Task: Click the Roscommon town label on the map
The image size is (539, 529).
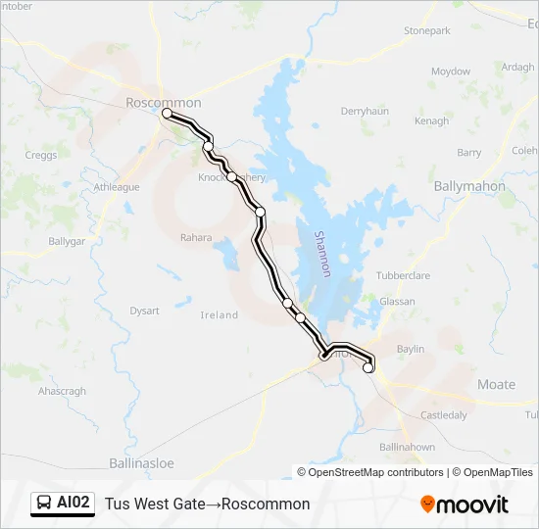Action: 164,102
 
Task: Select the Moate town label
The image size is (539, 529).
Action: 495,384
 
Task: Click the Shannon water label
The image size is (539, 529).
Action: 323,253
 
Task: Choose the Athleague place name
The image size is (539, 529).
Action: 117,187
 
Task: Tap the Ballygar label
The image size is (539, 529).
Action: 68,240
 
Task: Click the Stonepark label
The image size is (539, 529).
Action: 427,31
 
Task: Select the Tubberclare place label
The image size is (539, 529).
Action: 403,275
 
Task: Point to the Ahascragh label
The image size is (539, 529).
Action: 62,392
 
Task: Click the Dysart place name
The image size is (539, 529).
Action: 144,311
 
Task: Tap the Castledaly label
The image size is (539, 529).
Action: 444,415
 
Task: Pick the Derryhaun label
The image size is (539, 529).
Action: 365,112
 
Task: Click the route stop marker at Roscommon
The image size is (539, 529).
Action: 167,114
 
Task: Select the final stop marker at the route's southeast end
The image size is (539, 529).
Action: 368,368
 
